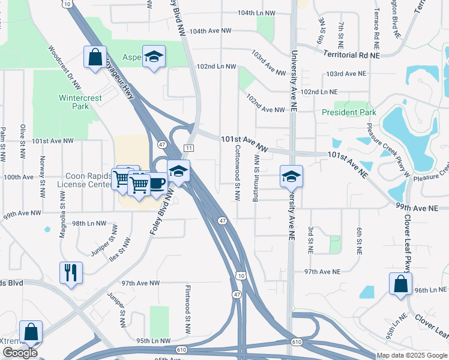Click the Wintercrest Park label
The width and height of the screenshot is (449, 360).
(x=80, y=102)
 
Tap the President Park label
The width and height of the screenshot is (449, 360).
(x=348, y=112)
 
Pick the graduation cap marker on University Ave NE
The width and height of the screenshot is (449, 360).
(x=291, y=176)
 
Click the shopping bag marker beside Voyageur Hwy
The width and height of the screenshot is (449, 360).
(x=95, y=58)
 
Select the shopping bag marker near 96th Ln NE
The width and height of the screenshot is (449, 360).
(x=400, y=284)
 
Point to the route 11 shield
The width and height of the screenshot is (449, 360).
(x=188, y=148)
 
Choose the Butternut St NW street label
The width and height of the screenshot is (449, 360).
(x=256, y=175)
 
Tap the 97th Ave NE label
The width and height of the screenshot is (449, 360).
(x=322, y=272)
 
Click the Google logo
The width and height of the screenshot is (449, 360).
(x=20, y=353)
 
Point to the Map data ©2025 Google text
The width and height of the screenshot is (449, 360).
(x=412, y=355)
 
